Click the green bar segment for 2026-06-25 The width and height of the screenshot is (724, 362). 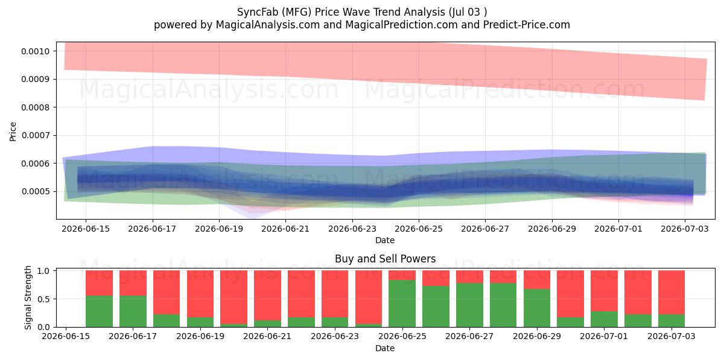402,303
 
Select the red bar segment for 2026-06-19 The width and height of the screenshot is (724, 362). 200,294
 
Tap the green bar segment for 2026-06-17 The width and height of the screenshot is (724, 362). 133,311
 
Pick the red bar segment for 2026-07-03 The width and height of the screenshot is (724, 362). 672,293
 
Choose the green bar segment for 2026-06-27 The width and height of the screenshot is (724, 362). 469,305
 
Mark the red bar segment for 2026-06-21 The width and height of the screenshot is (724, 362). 268,296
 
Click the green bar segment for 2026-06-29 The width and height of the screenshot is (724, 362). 537,308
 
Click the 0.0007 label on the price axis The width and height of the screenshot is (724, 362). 35,135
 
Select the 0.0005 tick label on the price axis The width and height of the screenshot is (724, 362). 35,192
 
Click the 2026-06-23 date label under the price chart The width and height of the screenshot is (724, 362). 352,229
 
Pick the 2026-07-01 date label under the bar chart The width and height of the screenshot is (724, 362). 604,336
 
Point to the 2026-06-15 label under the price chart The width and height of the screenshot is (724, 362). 86,229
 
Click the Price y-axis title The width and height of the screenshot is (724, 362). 13,132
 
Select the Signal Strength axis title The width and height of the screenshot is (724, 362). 28,297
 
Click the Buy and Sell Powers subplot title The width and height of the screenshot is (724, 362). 386,259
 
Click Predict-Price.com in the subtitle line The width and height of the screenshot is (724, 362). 527,25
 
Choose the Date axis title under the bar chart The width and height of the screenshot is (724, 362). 385,348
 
